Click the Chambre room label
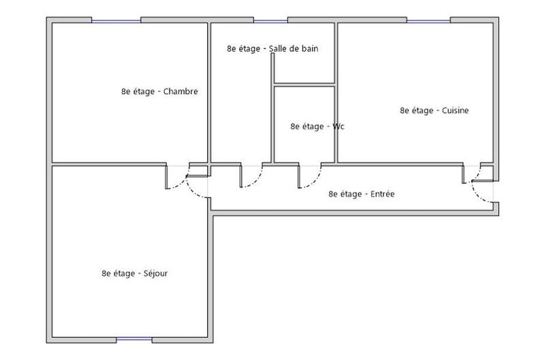[x=159, y=91]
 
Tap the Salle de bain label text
[x=272, y=48]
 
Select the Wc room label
[x=317, y=126]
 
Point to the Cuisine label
[x=435, y=110]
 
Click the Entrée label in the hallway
[x=362, y=194]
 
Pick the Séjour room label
[x=135, y=273]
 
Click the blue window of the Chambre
[x=116, y=20]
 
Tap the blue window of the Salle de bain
[x=270, y=20]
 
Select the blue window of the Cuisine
[x=429, y=20]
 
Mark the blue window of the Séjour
[x=134, y=339]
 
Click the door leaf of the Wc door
[x=300, y=176]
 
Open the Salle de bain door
[x=241, y=176]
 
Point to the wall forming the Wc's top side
[x=304, y=85]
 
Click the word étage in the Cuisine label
[x=424, y=110]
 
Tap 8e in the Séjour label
[x=106, y=273]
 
